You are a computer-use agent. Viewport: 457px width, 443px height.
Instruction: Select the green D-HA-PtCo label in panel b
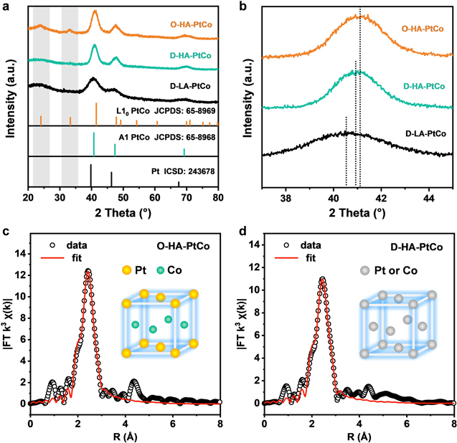[x=428, y=87]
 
